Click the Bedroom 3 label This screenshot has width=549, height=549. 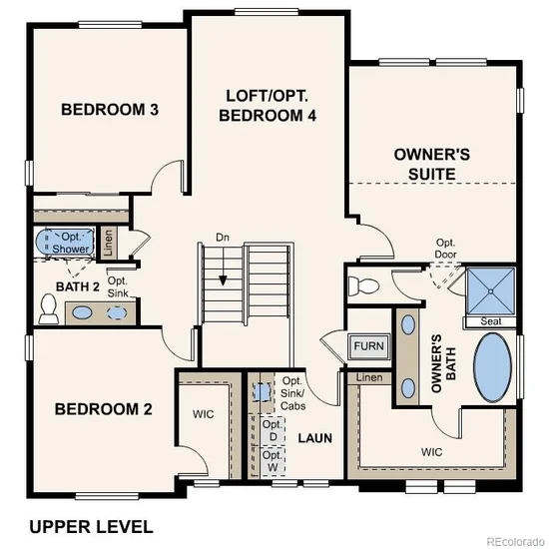(110, 110)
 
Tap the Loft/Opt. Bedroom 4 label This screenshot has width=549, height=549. (268, 106)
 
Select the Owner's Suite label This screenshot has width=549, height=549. (432, 165)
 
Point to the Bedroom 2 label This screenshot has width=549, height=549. (103, 409)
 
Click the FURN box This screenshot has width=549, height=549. (369, 346)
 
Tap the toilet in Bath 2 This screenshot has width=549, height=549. (48, 308)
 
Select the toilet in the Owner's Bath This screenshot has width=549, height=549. (364, 285)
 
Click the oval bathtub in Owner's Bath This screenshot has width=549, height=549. (493, 367)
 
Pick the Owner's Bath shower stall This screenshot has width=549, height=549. (491, 290)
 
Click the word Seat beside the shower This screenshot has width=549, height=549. (491, 321)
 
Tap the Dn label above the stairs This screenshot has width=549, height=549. (223, 238)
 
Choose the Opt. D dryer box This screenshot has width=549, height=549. (274, 431)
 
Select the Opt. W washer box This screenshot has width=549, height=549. (274, 461)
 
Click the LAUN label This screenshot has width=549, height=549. (315, 438)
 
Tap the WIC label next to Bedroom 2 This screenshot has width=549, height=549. (203, 414)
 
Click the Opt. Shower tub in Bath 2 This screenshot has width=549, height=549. (65, 243)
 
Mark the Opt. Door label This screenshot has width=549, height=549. (446, 249)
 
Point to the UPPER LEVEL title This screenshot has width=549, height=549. (91, 527)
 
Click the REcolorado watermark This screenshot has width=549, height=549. (516, 541)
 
